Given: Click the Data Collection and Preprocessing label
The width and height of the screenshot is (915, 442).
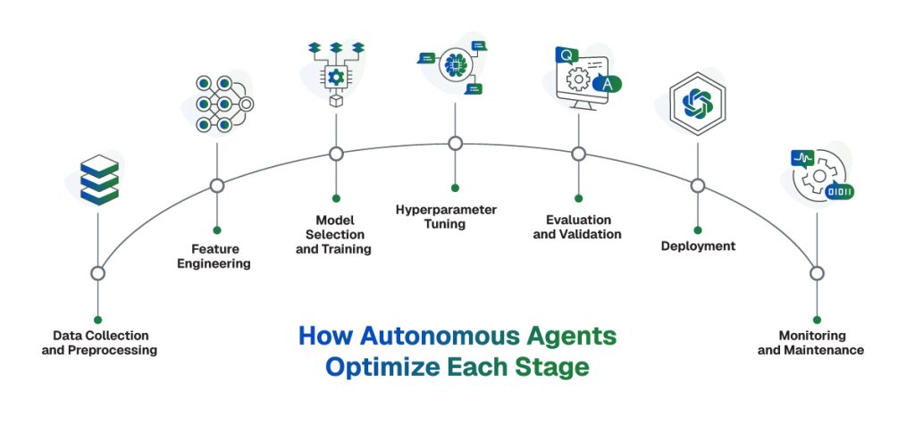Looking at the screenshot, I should pyautogui.click(x=99, y=343).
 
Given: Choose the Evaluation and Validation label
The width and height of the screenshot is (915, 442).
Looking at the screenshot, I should pyautogui.click(x=577, y=227).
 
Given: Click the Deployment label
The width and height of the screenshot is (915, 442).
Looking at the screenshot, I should pyautogui.click(x=698, y=246).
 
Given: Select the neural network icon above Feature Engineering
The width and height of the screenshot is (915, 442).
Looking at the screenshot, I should pyautogui.click(x=220, y=104).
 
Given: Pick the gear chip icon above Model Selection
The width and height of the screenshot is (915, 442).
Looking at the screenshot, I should pyautogui.click(x=336, y=76).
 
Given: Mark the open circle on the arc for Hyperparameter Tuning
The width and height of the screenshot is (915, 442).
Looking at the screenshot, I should pyautogui.click(x=455, y=143).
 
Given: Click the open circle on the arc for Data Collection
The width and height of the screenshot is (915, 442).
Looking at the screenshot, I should pyautogui.click(x=98, y=273).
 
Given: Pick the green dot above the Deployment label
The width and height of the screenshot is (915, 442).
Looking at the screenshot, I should pyautogui.click(x=698, y=228).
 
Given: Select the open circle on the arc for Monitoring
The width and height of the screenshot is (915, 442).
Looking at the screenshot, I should pyautogui.click(x=816, y=273).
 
